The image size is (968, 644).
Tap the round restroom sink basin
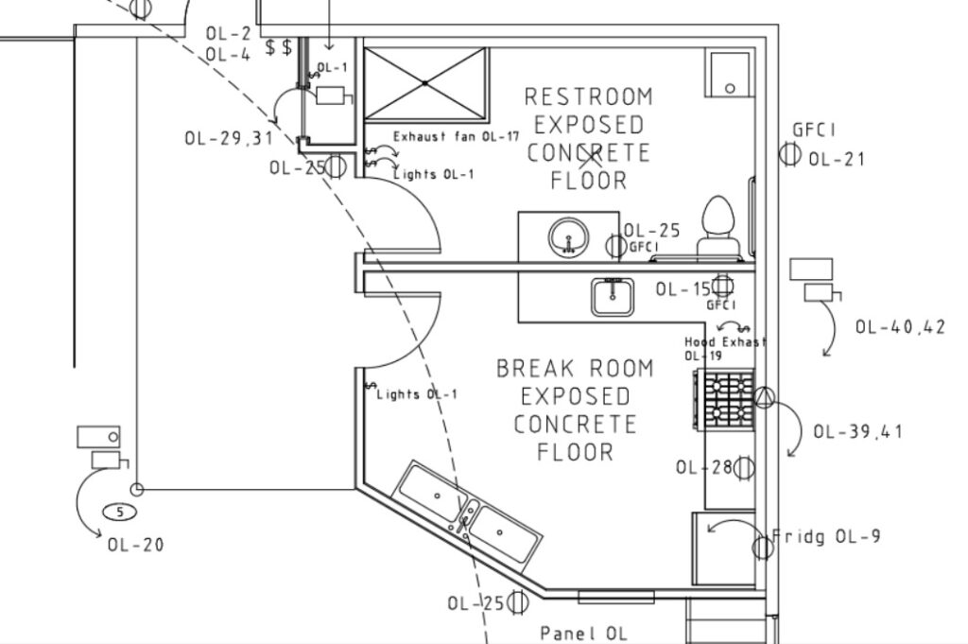[x=568, y=237]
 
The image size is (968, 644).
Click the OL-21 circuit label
[x=837, y=159]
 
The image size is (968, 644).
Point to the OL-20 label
[x=136, y=545]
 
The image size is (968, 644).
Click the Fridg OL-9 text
[x=826, y=536]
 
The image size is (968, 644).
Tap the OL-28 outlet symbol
[x=744, y=468]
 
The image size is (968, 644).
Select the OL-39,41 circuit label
[x=858, y=431]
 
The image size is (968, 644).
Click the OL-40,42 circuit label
[x=900, y=326]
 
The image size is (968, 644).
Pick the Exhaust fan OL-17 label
[x=457, y=136]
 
